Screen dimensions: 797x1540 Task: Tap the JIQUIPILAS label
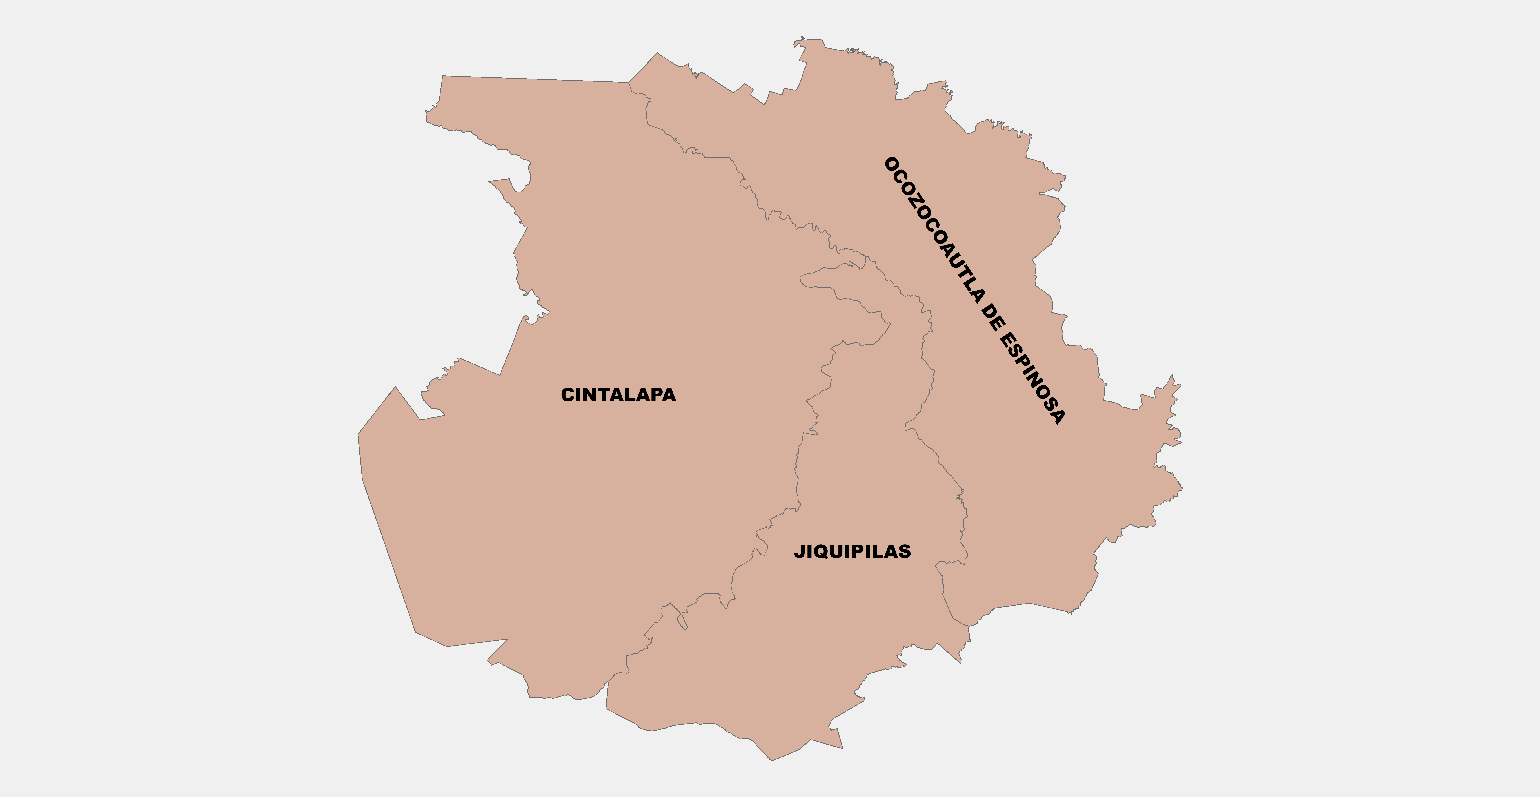click(x=853, y=551)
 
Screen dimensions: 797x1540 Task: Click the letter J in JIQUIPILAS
click(x=799, y=551)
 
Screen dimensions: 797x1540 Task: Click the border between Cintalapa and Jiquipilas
click(x=797, y=472)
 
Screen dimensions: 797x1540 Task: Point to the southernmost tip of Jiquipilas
click(x=771, y=760)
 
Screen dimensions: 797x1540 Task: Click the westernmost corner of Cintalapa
click(x=358, y=434)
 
